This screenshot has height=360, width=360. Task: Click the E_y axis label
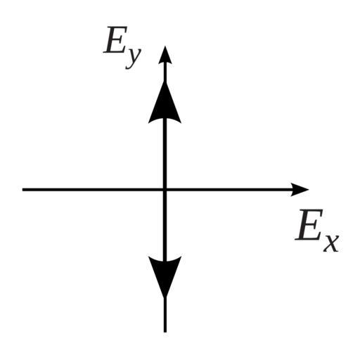coord(122,48)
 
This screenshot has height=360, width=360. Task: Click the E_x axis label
coord(317,231)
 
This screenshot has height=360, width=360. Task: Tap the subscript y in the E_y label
coord(134,58)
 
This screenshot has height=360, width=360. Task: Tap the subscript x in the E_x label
coord(331,243)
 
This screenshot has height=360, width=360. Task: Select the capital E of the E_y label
coord(115,39)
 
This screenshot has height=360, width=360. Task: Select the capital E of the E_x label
coord(309,224)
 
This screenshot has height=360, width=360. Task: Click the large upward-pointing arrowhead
coord(165,103)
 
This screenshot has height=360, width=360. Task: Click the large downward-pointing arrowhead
coord(165,277)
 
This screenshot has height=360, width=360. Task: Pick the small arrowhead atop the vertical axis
coord(165,55)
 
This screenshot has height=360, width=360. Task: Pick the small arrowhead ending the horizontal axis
coord(300,189)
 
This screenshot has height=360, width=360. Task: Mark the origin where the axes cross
coord(165,189)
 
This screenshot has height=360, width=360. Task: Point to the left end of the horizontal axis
coord(22,189)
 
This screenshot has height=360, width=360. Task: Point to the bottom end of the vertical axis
coord(165,332)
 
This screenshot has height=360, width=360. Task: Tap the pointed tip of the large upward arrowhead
coord(165,82)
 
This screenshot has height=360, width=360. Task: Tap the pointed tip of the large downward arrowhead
coord(165,297)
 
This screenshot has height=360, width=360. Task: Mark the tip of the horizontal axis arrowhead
coord(309,189)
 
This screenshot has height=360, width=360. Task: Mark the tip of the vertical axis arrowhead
coord(165,46)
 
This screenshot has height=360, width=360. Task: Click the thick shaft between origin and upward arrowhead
coord(165,153)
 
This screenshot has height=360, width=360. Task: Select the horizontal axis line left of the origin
coord(93,189)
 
